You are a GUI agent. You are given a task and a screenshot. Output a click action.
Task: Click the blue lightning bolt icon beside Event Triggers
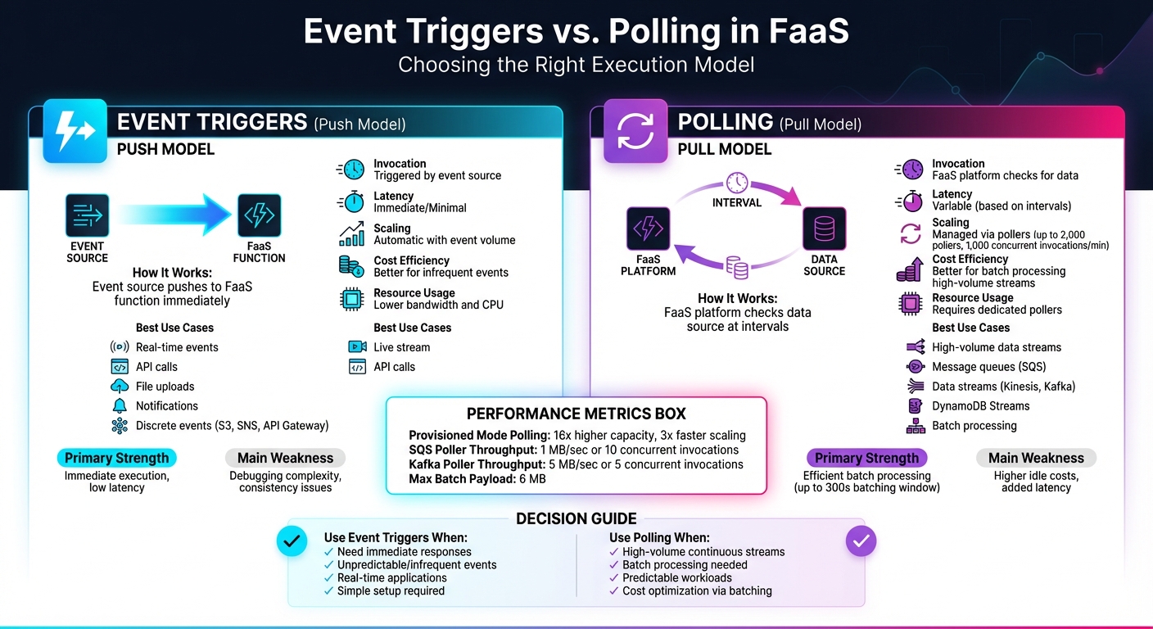coord(75,131)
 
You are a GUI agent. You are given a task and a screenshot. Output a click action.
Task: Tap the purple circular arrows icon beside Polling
coord(635,131)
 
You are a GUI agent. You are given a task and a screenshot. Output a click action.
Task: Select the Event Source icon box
coord(87,216)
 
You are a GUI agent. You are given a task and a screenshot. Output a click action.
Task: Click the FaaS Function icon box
coord(259,216)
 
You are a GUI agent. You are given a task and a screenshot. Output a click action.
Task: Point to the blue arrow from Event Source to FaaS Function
coord(173,216)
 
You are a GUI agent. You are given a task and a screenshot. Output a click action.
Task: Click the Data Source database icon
coord(824,229)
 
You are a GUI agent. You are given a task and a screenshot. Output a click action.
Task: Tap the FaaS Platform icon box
coord(648,229)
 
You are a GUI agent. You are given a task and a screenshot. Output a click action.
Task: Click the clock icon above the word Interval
coord(736,182)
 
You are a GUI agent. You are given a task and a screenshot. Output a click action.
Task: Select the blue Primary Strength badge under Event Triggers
coord(116,458)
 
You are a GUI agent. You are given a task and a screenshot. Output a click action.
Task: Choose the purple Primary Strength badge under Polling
coord(866,458)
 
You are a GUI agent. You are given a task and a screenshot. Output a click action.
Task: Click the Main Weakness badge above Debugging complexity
coord(285,458)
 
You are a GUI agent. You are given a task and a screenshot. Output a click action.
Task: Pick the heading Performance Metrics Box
coord(576,414)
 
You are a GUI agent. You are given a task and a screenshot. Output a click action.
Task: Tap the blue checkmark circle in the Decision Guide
coord(292,541)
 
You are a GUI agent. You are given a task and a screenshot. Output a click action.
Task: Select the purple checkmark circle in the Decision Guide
coord(860,541)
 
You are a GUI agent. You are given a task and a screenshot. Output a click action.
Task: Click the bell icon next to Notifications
coord(120,406)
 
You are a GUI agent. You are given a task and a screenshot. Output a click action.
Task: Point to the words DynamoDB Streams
coord(980,406)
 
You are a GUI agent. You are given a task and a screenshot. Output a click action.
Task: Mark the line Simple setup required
coord(391,591)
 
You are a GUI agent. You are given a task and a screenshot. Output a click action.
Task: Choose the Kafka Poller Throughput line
coord(576,464)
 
